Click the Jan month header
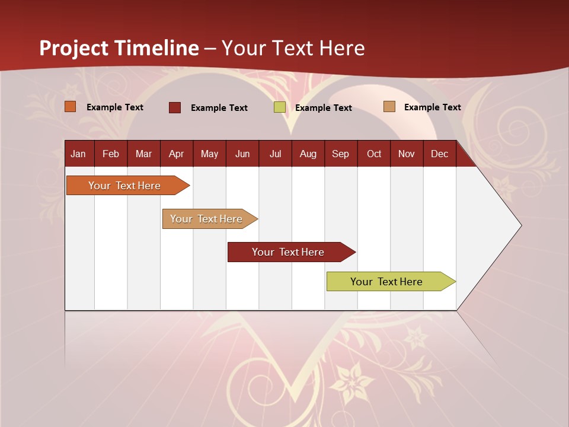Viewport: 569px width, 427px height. [x=78, y=154]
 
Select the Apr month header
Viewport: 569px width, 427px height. [x=176, y=154]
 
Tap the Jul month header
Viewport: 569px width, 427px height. [x=275, y=154]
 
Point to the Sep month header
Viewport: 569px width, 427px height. [x=340, y=154]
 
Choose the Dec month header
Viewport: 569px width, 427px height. [x=439, y=154]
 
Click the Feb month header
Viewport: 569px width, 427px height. [x=111, y=154]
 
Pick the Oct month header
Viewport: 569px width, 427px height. [x=374, y=154]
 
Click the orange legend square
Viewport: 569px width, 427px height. [x=71, y=107]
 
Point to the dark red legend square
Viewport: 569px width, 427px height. [x=175, y=107]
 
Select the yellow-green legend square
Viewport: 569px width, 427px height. [x=280, y=107]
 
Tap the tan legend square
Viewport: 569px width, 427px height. [x=389, y=107]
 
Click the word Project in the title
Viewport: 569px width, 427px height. [x=73, y=48]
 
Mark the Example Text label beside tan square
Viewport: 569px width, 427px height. [x=432, y=107]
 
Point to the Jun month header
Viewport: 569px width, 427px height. [x=242, y=154]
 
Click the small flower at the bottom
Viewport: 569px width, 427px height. [x=355, y=383]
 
